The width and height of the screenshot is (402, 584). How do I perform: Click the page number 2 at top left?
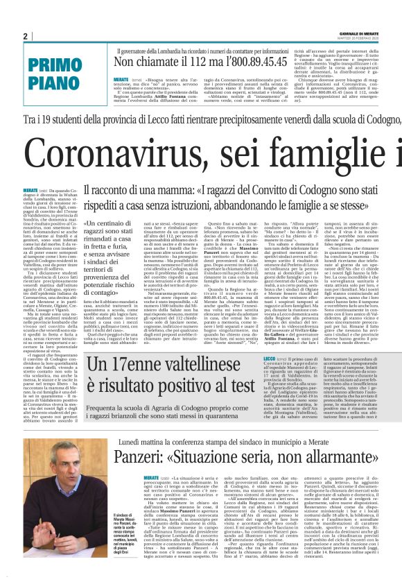(25, 36)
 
